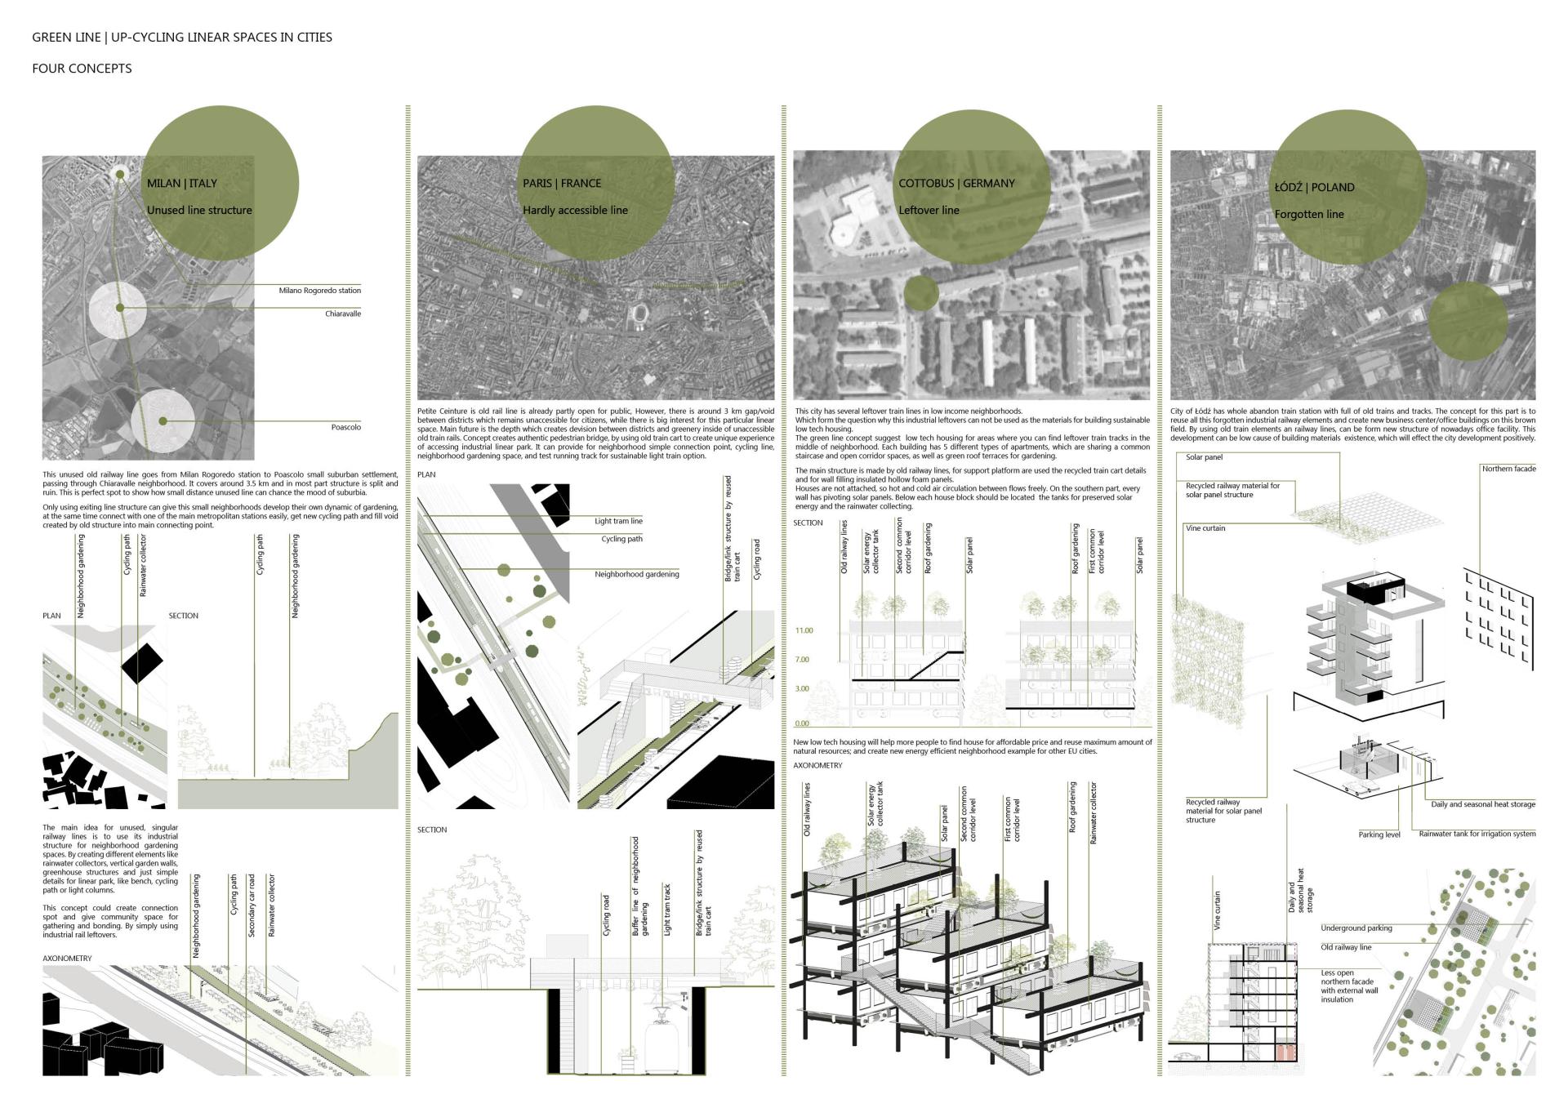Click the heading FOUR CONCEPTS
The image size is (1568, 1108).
pyautogui.click(x=82, y=69)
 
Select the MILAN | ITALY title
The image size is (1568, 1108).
pyautogui.click(x=181, y=184)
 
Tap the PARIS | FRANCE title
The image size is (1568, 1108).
pyautogui.click(x=562, y=184)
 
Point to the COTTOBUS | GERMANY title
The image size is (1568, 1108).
pyautogui.click(x=956, y=184)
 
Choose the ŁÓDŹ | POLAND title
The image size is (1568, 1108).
pyautogui.click(x=1314, y=188)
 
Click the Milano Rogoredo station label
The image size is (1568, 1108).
pyautogui.click(x=319, y=291)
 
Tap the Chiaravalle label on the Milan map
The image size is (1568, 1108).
pyautogui.click(x=342, y=314)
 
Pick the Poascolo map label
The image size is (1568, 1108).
pyautogui.click(x=345, y=428)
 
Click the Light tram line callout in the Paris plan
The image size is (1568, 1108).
pyautogui.click(x=618, y=521)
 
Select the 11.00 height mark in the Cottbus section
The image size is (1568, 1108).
pyautogui.click(x=804, y=631)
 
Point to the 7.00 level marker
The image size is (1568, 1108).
pyautogui.click(x=802, y=660)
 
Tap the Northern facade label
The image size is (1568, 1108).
pyautogui.click(x=1508, y=469)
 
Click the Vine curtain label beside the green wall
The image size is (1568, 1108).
pyautogui.click(x=1205, y=528)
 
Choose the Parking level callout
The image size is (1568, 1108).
pyautogui.click(x=1379, y=834)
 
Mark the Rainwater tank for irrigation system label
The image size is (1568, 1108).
pyautogui.click(x=1477, y=834)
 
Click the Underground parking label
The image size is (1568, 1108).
pyautogui.click(x=1356, y=928)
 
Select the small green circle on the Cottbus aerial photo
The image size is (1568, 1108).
pyautogui.click(x=920, y=294)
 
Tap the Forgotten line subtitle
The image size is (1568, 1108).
pyautogui.click(x=1309, y=215)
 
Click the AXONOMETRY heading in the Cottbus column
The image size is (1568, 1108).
pyautogui.click(x=817, y=766)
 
